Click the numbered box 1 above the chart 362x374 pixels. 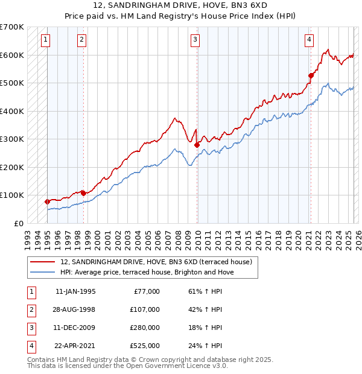(46, 40)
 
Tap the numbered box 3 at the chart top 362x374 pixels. (195, 40)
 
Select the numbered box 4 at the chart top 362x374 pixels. (309, 40)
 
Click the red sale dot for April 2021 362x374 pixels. (311, 75)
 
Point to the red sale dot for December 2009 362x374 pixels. (197, 144)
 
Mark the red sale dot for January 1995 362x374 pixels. (47, 201)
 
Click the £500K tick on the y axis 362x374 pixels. (12, 83)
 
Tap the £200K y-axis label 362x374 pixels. (12, 167)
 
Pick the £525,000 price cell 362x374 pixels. (145, 346)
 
